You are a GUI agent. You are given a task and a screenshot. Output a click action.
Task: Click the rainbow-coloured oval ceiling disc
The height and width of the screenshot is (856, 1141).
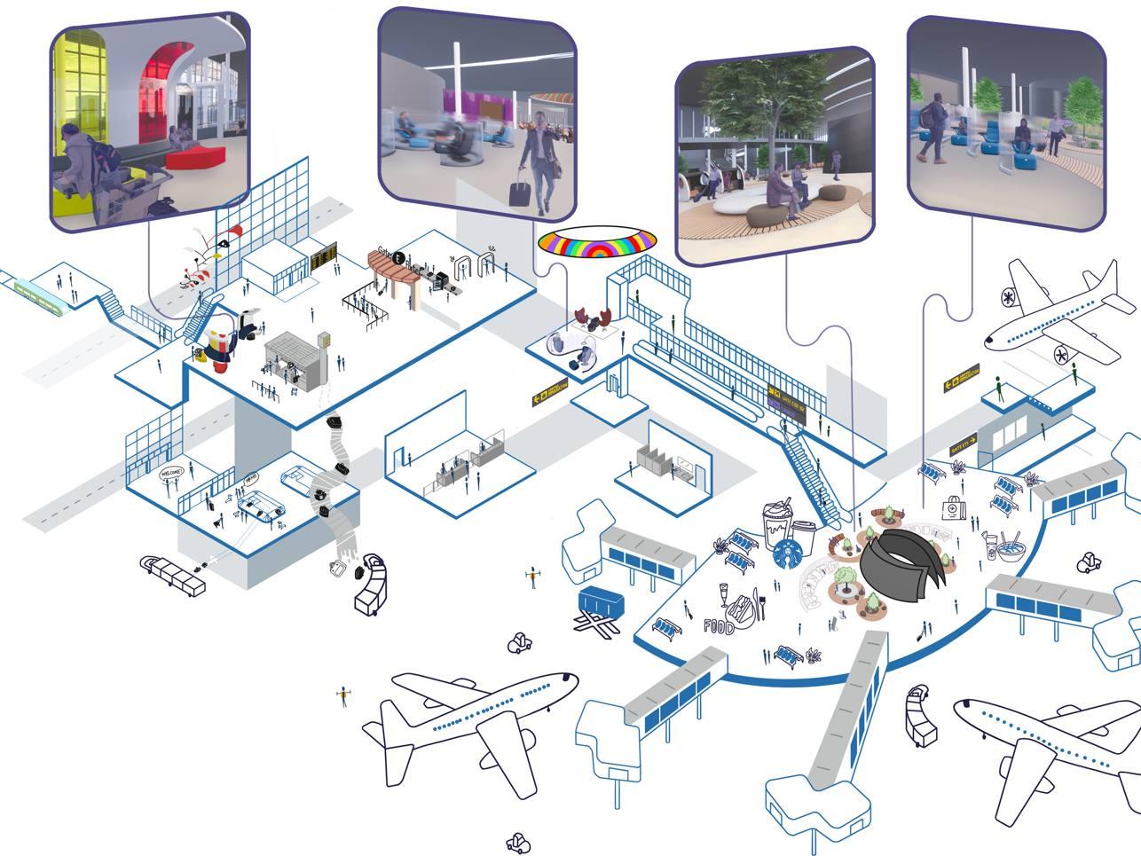point(597,241)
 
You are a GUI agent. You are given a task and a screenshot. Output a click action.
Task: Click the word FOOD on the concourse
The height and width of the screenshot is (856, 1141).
point(719,627)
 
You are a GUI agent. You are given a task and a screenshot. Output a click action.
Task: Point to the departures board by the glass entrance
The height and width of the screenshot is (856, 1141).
point(323,255)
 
